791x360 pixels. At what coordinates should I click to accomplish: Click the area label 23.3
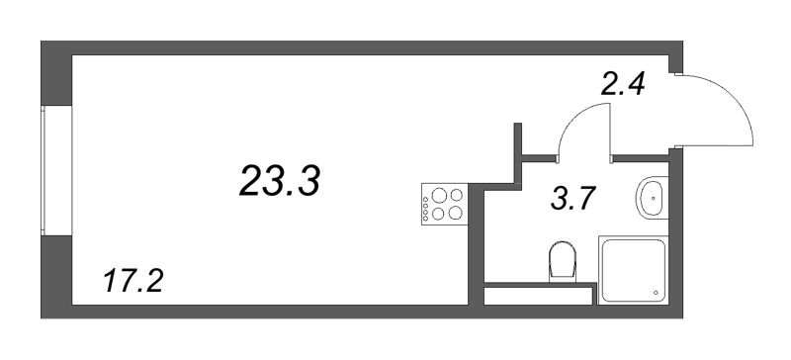point(280,181)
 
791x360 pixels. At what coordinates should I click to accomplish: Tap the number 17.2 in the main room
point(133,281)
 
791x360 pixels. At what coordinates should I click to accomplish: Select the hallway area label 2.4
point(623,84)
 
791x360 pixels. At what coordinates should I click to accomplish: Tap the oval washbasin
point(654,198)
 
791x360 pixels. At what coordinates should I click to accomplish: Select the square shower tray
point(634,270)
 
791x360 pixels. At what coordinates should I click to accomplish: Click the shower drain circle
point(657,293)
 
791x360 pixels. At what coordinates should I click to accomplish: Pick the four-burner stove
point(444,204)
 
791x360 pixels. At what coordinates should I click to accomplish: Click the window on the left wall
point(56,170)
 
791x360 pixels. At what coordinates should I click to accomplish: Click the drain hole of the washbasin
point(654,198)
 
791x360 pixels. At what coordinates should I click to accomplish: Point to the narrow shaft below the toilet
point(538,297)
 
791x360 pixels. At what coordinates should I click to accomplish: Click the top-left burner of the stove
point(439,195)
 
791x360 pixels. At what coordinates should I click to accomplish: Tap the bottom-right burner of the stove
point(456,213)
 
